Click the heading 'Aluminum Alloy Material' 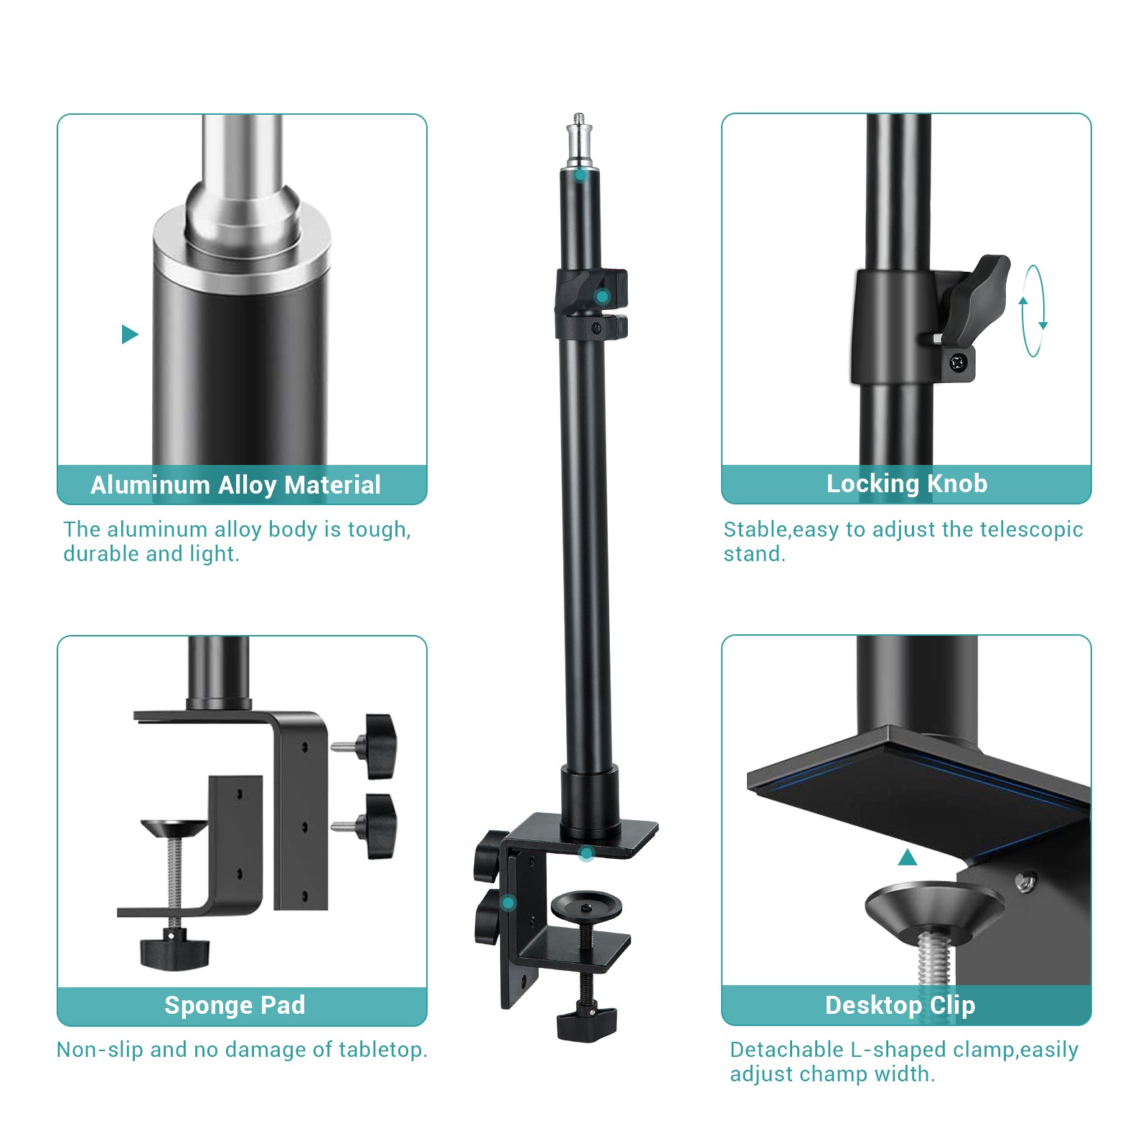pyautogui.click(x=235, y=485)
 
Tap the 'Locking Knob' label pyautogui.click(x=906, y=484)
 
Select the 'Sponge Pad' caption pyautogui.click(x=235, y=1005)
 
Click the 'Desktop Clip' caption pyautogui.click(x=900, y=1005)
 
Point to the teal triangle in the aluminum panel pyautogui.click(x=129, y=334)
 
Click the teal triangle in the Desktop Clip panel pyautogui.click(x=908, y=857)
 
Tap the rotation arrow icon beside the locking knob pyautogui.click(x=1033, y=311)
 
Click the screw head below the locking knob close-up pyautogui.click(x=959, y=362)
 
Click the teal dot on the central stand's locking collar pyautogui.click(x=602, y=296)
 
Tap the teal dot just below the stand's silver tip pyautogui.click(x=580, y=175)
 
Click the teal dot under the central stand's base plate pyautogui.click(x=586, y=854)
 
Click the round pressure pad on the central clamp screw pyautogui.click(x=586, y=905)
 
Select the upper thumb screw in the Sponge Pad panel pyautogui.click(x=377, y=746)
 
